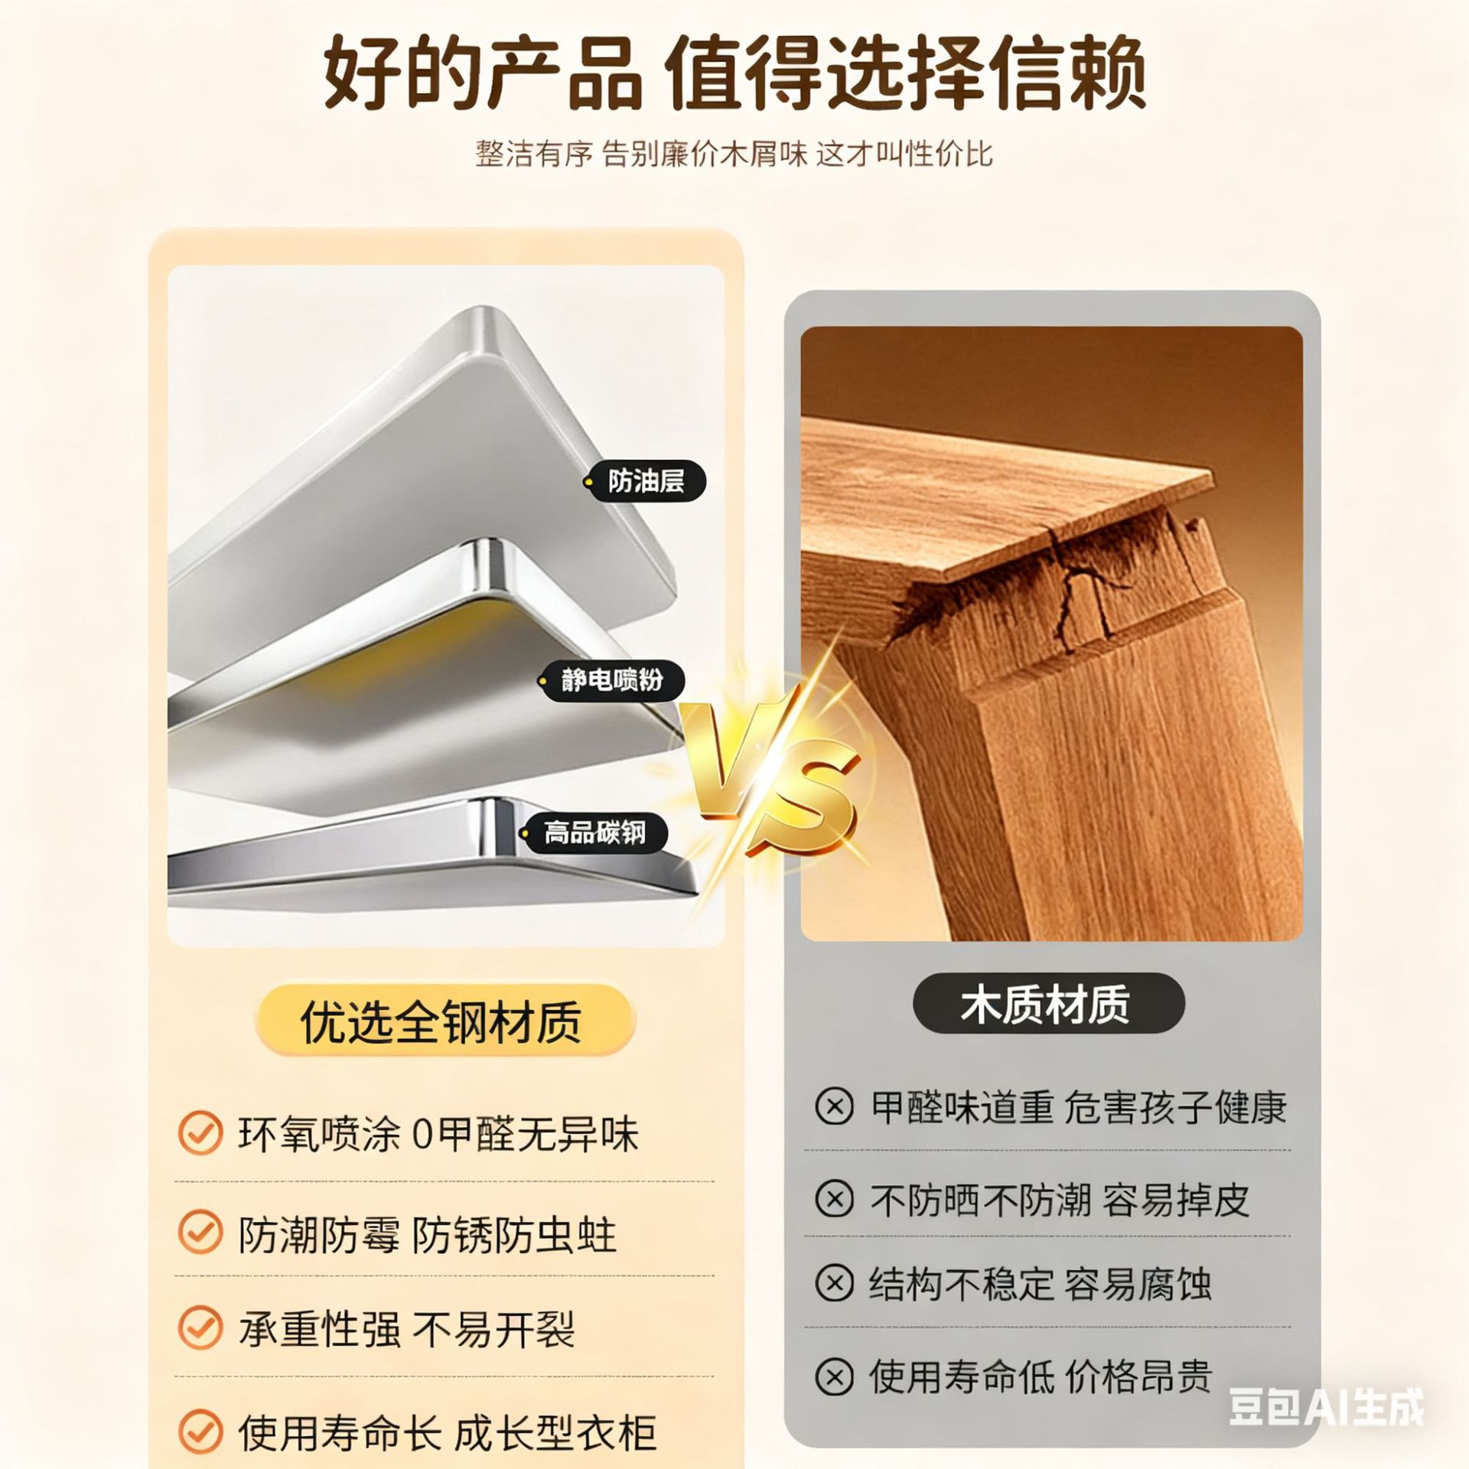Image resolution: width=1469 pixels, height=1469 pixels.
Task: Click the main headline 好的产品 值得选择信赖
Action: [734, 75]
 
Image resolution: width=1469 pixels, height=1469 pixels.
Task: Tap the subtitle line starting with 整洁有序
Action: [734, 154]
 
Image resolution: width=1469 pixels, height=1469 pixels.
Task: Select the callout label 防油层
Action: [647, 481]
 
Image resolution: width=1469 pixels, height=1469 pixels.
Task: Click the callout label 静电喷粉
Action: [612, 679]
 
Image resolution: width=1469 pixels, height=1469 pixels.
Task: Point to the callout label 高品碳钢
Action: [594, 832]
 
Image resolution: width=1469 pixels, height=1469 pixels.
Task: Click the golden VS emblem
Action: [769, 773]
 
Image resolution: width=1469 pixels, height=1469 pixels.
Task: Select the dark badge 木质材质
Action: [1047, 1003]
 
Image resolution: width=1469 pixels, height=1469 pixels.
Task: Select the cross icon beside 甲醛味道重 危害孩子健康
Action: [834, 1106]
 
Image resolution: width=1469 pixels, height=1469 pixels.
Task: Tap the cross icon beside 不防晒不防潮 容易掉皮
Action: [834, 1199]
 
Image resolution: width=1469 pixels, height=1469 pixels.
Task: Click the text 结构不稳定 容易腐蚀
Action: [1041, 1283]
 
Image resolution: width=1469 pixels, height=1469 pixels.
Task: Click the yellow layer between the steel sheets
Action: [505, 620]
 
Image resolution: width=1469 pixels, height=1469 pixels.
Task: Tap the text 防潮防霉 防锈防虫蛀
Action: [427, 1234]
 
